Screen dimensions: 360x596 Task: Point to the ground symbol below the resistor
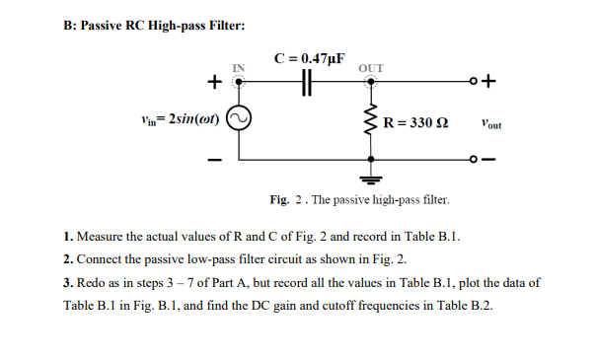pyautogui.click(x=372, y=180)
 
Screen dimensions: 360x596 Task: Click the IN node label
pyautogui.click(x=237, y=68)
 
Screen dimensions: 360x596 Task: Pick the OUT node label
pyautogui.click(x=372, y=68)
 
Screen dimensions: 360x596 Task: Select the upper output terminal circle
pyautogui.click(x=474, y=83)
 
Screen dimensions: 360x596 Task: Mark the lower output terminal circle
pyautogui.click(x=474, y=159)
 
